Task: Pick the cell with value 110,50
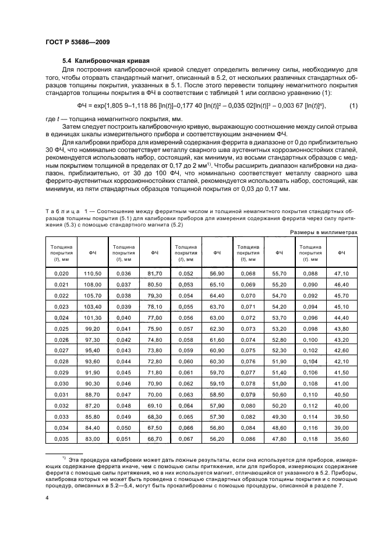(93, 273)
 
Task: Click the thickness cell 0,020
(61, 273)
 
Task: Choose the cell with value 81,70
(155, 273)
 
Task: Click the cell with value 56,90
(217, 273)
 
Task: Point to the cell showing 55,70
(280, 273)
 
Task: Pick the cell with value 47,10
(342, 273)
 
